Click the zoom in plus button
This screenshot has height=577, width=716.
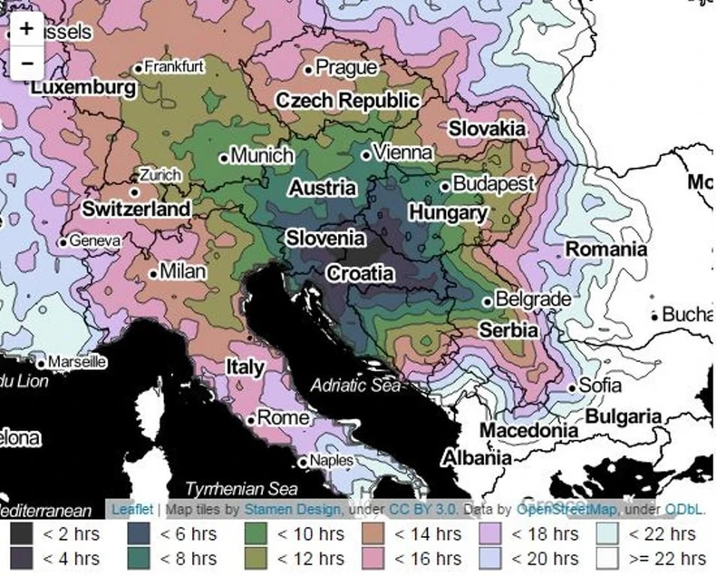[26, 28]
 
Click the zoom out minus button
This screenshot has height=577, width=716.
[26, 63]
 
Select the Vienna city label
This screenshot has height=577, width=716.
[402, 153]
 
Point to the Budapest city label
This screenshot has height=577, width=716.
[493, 184]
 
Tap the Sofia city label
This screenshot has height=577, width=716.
[600, 385]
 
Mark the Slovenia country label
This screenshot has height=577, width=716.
[325, 239]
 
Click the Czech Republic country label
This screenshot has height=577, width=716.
[347, 101]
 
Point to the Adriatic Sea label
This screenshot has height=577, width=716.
[354, 386]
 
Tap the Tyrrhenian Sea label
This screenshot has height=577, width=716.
[241, 488]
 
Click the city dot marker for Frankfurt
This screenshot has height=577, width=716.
[139, 68]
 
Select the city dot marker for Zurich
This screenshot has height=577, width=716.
[134, 191]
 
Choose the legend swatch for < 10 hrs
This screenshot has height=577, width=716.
[259, 534]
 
